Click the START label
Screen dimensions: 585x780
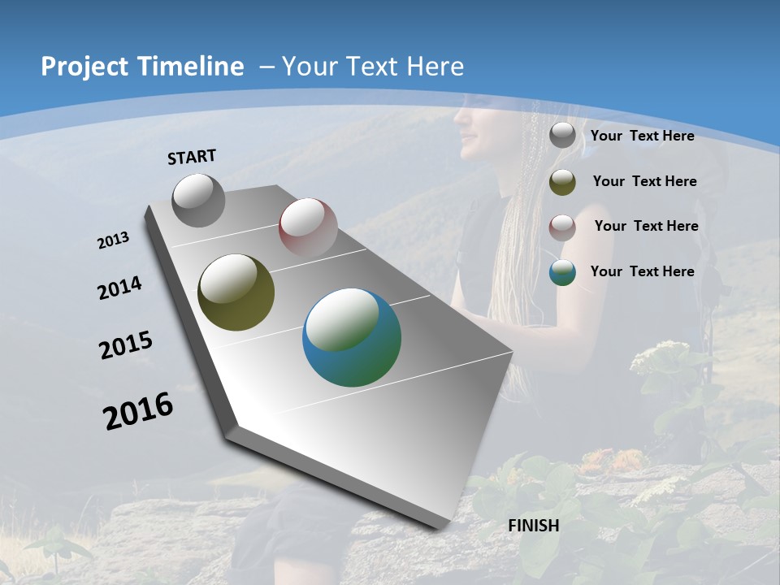(x=192, y=157)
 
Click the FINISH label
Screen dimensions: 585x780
(x=533, y=526)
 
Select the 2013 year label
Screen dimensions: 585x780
(x=114, y=240)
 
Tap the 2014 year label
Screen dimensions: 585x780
(x=119, y=288)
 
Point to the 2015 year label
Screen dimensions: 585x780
(x=125, y=345)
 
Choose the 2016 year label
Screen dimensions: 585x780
(x=138, y=411)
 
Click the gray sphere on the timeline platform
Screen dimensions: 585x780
(x=199, y=200)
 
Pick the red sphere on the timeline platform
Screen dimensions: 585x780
(x=308, y=227)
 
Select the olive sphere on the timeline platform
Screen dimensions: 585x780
(x=236, y=292)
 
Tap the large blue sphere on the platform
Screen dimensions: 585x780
(x=352, y=337)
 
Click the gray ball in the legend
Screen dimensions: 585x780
(x=562, y=136)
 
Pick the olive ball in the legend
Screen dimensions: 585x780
(x=562, y=182)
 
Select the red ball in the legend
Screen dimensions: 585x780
(x=562, y=227)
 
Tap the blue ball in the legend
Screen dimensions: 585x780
(x=562, y=272)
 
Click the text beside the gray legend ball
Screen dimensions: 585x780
(x=642, y=136)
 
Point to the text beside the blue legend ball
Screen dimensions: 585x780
(x=642, y=271)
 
